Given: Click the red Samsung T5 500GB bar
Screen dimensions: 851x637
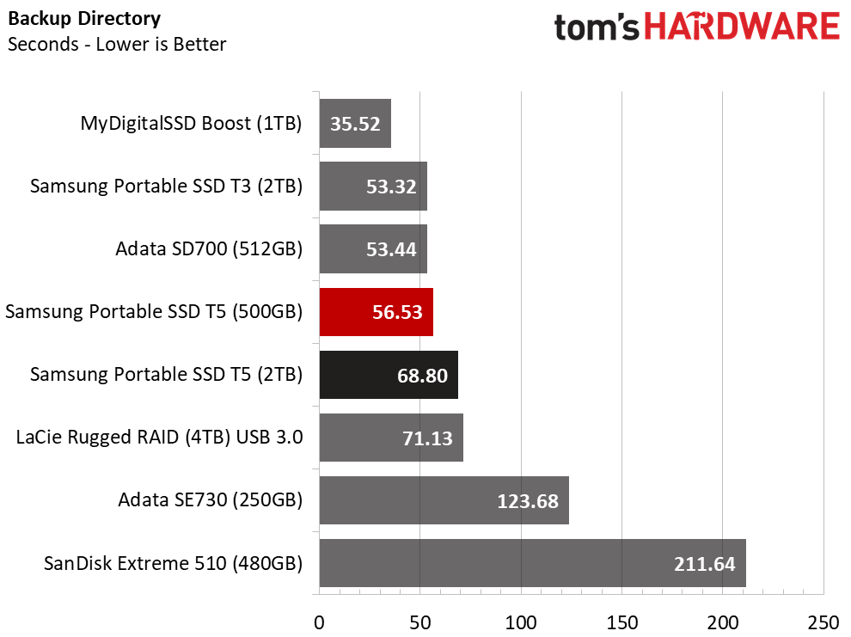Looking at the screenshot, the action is (377, 312).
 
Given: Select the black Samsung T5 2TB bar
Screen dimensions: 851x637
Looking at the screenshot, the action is (389, 375).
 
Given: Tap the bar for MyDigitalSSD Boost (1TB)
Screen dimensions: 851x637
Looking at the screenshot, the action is (355, 123).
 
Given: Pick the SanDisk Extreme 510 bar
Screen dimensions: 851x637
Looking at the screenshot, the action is (532, 563).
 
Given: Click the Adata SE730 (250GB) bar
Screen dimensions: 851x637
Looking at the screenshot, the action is (444, 500).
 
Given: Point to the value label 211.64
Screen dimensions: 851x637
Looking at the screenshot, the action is (705, 564).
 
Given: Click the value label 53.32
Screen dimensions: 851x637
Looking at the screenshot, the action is (391, 187).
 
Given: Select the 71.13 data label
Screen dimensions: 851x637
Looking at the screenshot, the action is (427, 438).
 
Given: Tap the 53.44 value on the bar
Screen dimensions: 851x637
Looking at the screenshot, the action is (391, 249).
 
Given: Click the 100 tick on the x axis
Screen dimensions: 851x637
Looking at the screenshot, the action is (521, 623).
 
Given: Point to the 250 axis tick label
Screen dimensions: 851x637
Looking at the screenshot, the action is (823, 623).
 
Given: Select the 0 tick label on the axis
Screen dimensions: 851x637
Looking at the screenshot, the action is (319, 623).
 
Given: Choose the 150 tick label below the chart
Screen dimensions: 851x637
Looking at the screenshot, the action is (622, 623).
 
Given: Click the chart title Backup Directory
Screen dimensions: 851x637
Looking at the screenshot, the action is (84, 19).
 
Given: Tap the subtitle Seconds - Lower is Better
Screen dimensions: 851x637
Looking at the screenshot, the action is (117, 44).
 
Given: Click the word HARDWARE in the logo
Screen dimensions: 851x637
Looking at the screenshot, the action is (742, 27).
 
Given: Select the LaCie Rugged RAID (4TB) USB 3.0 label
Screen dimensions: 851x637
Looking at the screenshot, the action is (159, 438).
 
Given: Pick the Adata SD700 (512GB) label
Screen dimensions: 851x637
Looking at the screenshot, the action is (209, 249).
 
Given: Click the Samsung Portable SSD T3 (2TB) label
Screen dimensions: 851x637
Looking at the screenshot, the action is (166, 186).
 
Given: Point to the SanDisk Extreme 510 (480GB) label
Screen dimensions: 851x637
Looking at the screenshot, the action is (173, 563).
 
